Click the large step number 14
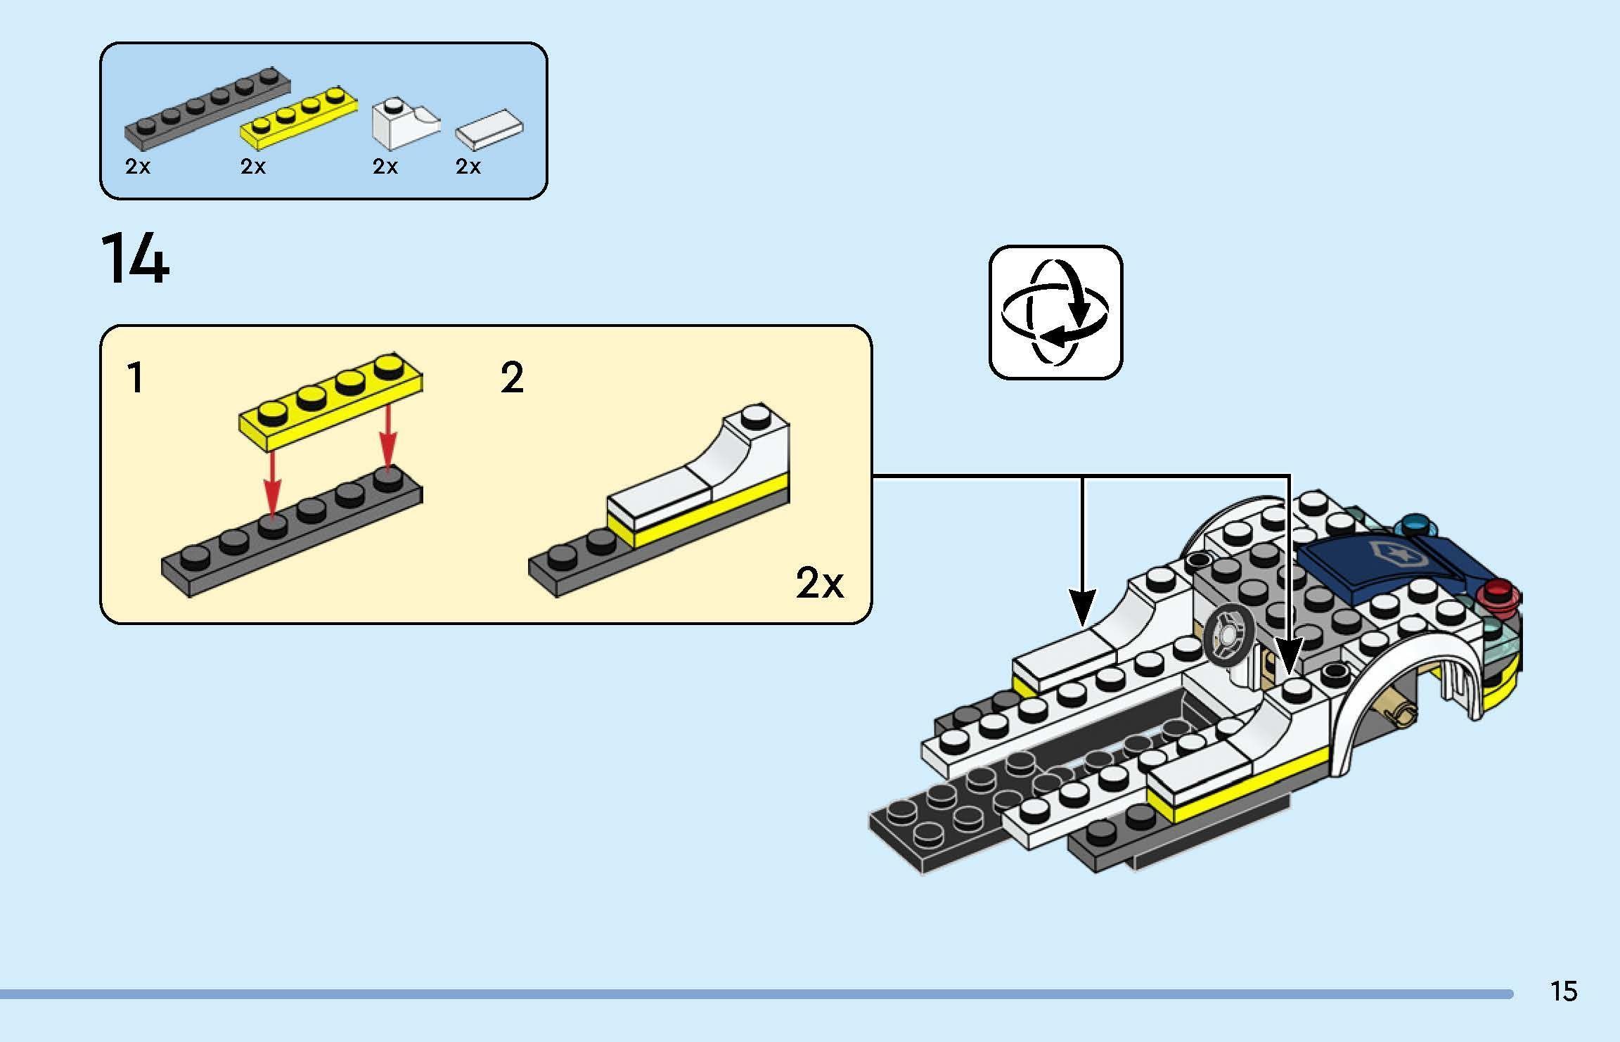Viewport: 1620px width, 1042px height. [x=136, y=259]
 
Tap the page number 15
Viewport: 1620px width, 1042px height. [x=1564, y=991]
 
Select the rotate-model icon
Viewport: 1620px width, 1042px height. [x=1055, y=313]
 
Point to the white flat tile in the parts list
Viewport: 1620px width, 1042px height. [x=489, y=129]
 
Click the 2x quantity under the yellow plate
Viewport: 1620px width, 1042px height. [x=253, y=167]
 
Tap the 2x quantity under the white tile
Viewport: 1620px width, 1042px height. [x=468, y=167]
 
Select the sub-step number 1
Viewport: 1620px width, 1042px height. [x=135, y=378]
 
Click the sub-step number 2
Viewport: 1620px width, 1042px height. [x=512, y=378]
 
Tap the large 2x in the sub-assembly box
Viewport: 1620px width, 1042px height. [x=819, y=583]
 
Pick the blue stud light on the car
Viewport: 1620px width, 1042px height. [x=1415, y=525]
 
